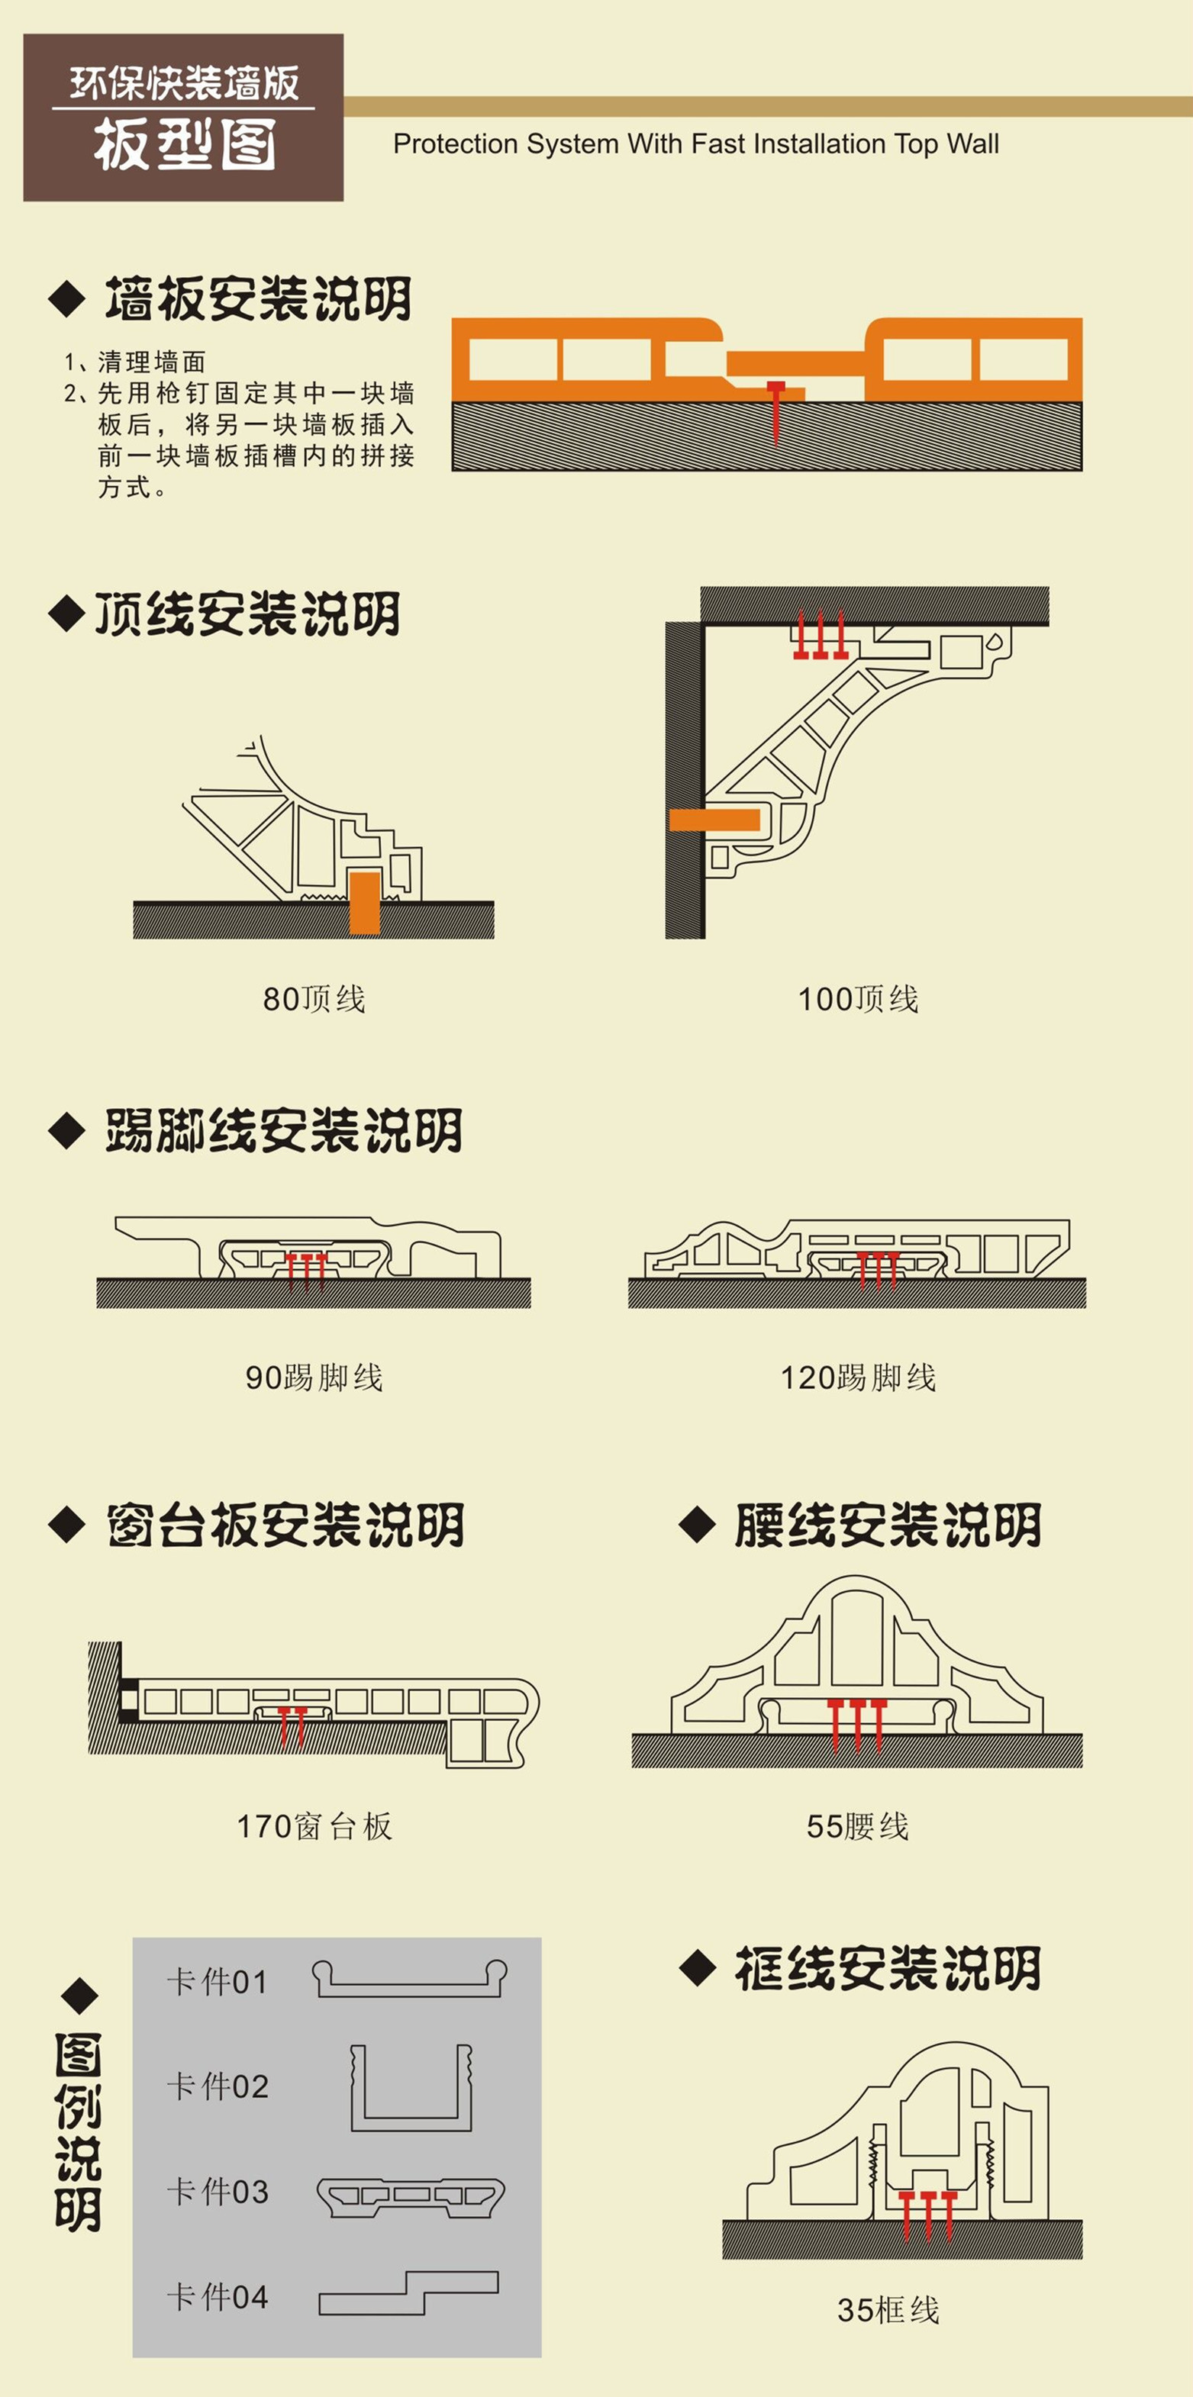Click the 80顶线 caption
coord(314,998)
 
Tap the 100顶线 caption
coord(857,998)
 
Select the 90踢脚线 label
coord(314,1377)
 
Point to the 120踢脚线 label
coord(857,1377)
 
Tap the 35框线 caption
coord(888,2308)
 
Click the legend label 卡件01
coord(217,1981)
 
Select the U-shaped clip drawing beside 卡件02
coord(411,2088)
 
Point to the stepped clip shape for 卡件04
coord(408,2295)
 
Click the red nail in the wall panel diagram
coord(776,410)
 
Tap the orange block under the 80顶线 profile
coord(364,902)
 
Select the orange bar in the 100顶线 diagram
coord(714,820)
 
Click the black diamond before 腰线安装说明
coord(697,1524)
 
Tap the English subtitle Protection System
coord(695,144)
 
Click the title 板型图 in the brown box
coord(184,145)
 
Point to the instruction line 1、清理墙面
coord(135,361)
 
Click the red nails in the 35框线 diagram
coord(927,2215)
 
